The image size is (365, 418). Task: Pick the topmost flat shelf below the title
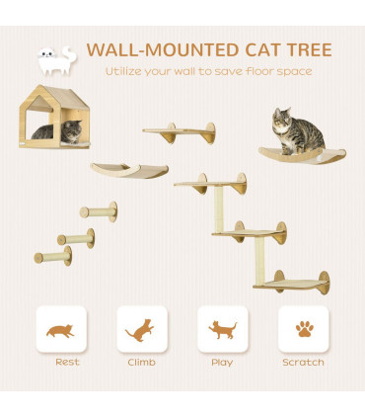pos(179,129)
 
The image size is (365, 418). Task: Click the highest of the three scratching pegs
pos(99,210)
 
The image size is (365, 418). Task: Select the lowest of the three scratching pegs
pos(53,258)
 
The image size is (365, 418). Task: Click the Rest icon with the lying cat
pos(61,330)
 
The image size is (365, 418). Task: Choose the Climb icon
pos(141,330)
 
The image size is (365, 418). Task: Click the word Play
pos(222,363)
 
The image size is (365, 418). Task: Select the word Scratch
pos(303,363)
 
